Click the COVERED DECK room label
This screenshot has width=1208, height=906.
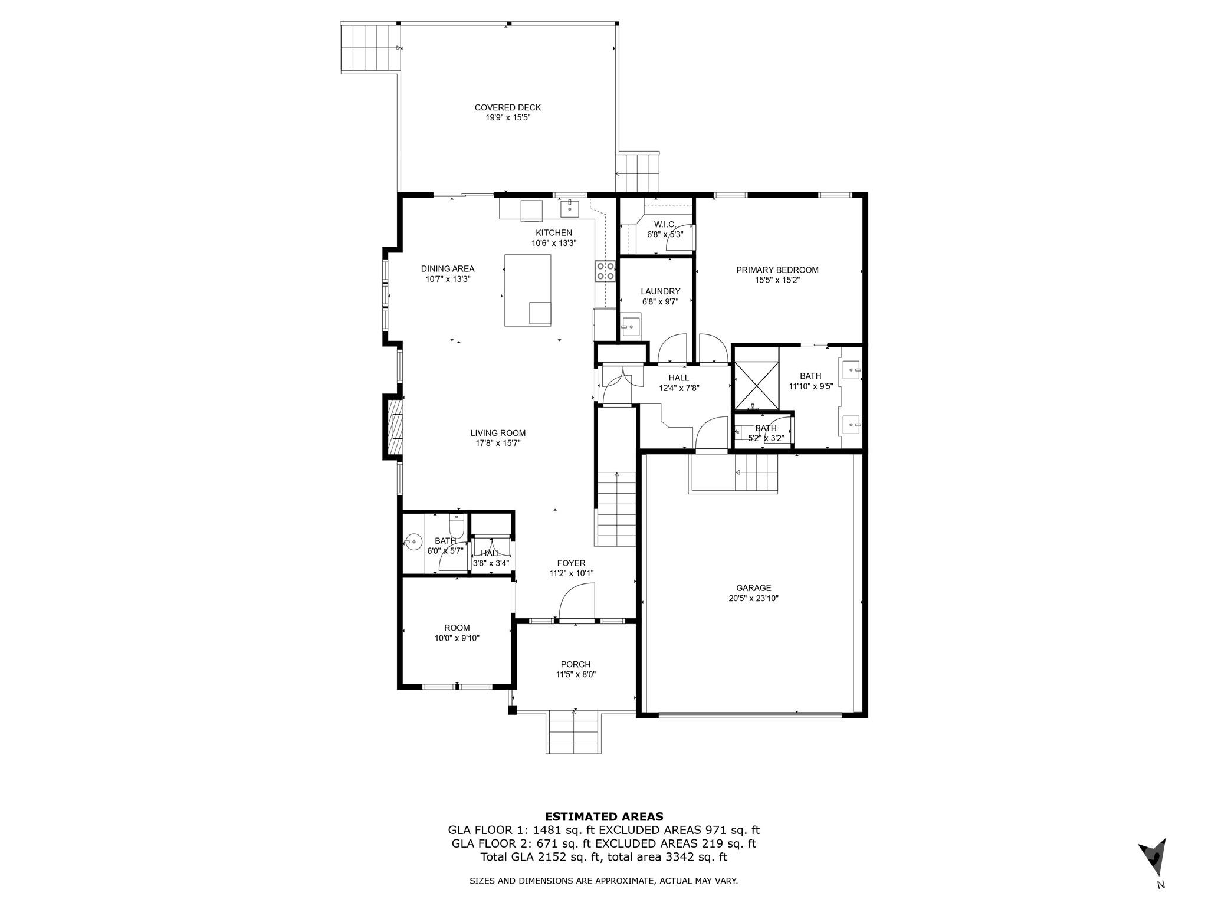coord(507,107)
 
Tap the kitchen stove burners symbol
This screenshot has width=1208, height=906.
coord(605,271)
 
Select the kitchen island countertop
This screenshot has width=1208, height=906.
coord(527,290)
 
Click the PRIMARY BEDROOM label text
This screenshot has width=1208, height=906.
coord(777,270)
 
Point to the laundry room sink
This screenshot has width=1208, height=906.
coord(631,326)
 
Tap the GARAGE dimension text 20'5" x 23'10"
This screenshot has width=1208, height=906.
coord(753,598)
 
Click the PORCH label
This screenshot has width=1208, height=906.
coord(575,664)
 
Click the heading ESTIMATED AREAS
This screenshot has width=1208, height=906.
coord(603,817)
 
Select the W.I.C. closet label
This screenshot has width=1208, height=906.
coord(665,224)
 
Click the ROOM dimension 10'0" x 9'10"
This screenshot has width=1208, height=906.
coord(457,638)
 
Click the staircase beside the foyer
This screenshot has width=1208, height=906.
coord(616,510)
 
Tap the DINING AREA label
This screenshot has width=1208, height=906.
coord(447,269)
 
